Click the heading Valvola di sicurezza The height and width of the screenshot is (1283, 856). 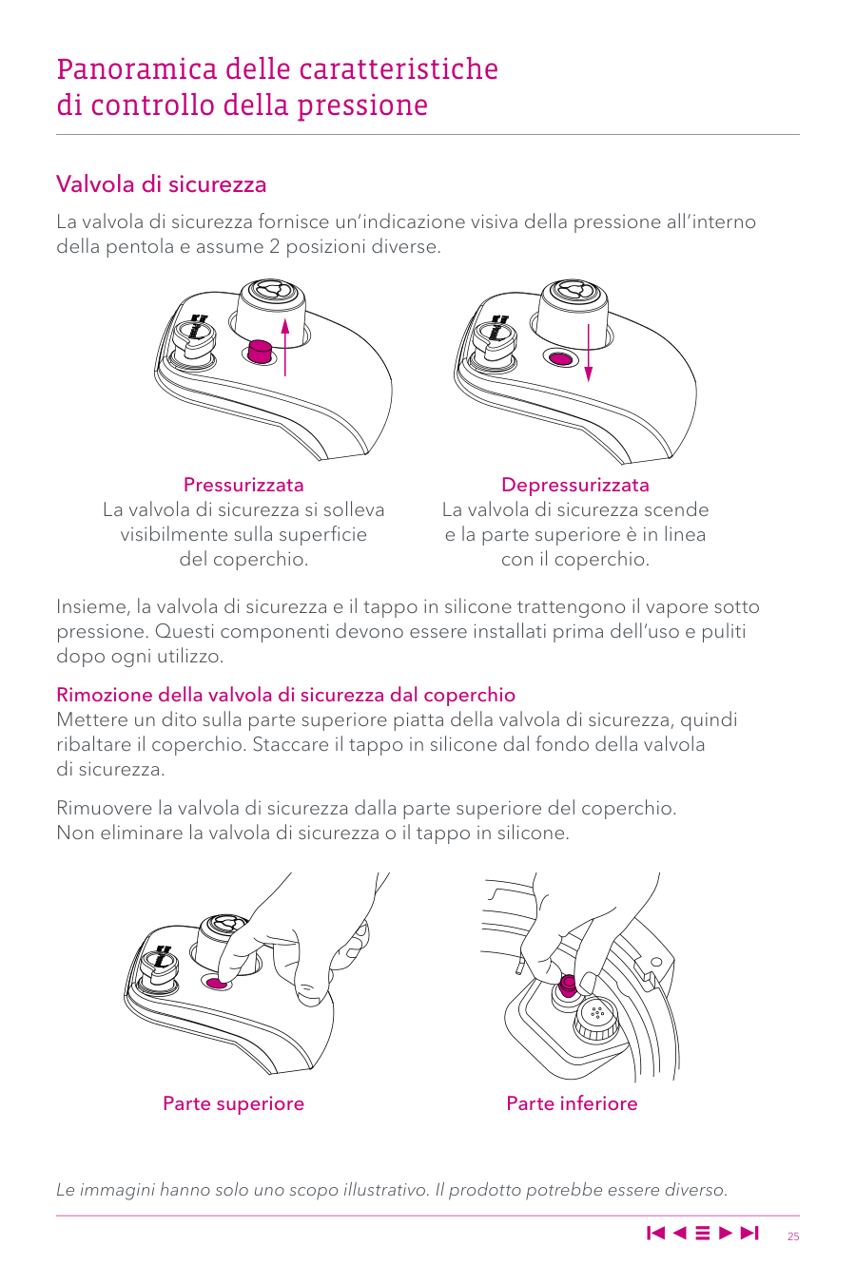[x=161, y=184]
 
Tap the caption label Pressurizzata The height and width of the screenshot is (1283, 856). [x=243, y=485]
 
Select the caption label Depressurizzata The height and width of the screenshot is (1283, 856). [x=574, y=485]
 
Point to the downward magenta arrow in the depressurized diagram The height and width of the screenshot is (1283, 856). [x=589, y=353]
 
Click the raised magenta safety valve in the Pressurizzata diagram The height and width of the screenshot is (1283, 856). [x=259, y=351]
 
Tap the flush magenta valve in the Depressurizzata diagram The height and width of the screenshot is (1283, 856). [x=561, y=358]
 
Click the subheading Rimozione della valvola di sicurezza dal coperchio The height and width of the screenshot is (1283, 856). [x=285, y=695]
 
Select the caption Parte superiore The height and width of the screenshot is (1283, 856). [x=233, y=1103]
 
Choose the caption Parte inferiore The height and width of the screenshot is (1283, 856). [x=572, y=1103]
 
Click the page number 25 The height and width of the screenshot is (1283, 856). [x=793, y=1236]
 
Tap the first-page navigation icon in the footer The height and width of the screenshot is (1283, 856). [x=655, y=1234]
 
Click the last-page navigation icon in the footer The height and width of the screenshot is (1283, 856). [x=750, y=1234]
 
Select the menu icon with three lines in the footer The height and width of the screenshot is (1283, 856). [x=703, y=1234]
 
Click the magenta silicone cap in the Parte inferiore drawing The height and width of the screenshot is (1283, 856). [x=568, y=983]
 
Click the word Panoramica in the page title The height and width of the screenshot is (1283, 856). [x=137, y=69]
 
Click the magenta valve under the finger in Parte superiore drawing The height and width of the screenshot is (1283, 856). [x=218, y=983]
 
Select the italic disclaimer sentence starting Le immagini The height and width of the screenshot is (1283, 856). [x=392, y=1190]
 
